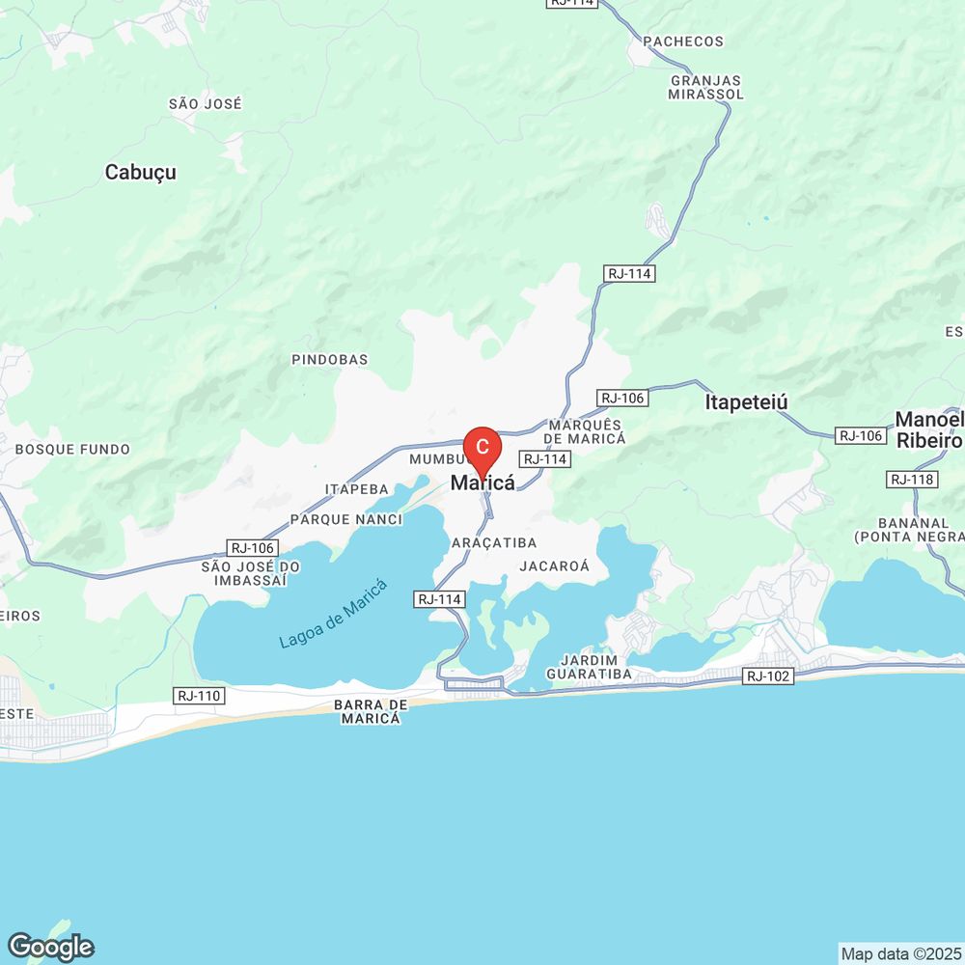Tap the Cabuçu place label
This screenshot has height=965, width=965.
pos(141,172)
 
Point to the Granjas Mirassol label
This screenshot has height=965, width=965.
pos(706,87)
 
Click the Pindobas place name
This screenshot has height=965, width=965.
pos(330,360)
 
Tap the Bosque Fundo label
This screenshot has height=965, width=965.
pos(72,450)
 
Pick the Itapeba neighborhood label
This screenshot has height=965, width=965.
pos(357,489)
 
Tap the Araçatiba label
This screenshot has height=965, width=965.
pos(494,544)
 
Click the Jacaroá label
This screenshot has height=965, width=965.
pos(554,566)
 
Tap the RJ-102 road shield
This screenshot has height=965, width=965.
pos(769,676)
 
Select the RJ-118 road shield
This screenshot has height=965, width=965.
pos(913,480)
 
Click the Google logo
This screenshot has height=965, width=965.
pos(49,947)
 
